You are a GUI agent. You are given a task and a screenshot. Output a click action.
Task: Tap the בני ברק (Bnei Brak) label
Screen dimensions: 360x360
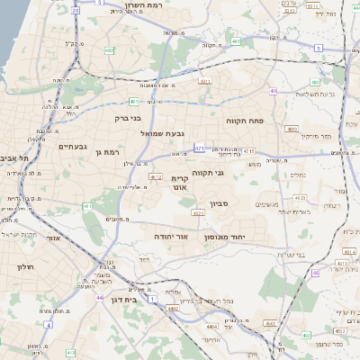[130, 117]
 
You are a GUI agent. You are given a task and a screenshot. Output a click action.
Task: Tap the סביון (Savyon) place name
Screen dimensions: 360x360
[220, 204]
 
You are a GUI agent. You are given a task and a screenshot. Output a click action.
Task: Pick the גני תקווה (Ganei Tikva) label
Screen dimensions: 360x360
[208, 171]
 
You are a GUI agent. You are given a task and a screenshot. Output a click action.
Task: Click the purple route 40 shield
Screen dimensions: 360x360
[306, 336]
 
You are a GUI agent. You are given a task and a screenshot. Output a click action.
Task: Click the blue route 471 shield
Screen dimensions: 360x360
[199, 148]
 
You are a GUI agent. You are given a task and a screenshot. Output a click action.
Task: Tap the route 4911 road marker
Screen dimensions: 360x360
[205, 81]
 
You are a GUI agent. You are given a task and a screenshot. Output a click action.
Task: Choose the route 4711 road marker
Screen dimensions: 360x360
[249, 151]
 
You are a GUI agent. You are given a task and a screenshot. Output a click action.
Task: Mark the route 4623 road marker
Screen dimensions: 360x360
[301, 198]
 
